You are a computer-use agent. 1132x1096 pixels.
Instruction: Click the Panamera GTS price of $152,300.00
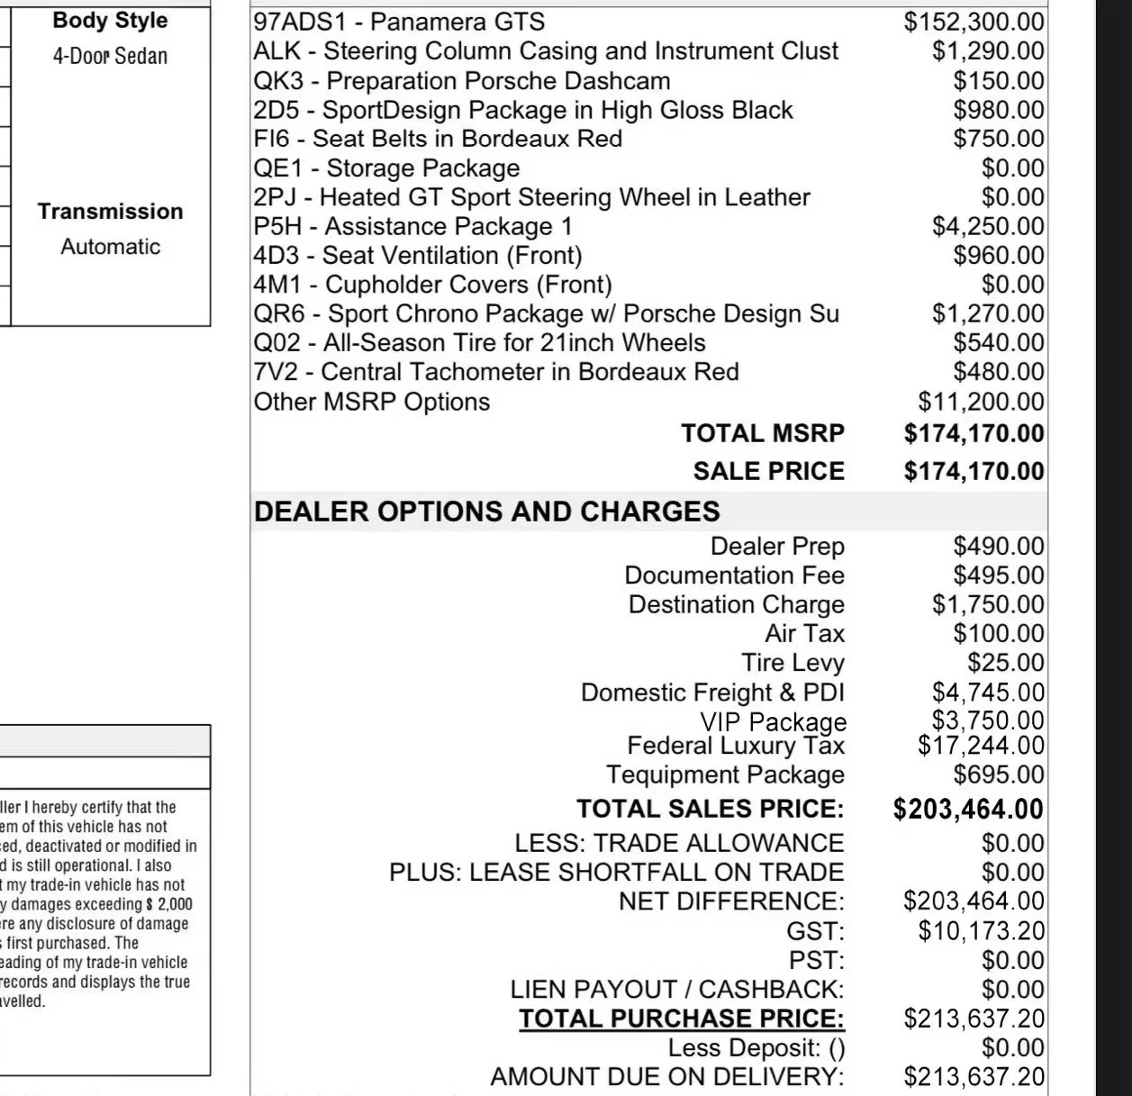tap(974, 22)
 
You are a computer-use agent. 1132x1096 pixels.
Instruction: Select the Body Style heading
tap(110, 21)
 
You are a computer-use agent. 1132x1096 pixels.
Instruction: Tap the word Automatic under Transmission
tap(110, 247)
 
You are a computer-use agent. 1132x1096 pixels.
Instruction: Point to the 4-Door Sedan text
tap(110, 56)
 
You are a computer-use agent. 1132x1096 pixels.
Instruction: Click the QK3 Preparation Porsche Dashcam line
tap(461, 81)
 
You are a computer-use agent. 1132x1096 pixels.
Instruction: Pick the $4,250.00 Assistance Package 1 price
tap(988, 226)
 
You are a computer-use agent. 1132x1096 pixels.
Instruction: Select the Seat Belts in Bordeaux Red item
tap(438, 139)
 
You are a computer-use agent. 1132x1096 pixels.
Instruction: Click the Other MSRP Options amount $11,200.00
tap(981, 402)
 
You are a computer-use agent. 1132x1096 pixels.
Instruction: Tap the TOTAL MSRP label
tap(763, 433)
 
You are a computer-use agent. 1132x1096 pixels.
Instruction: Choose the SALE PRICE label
tap(769, 471)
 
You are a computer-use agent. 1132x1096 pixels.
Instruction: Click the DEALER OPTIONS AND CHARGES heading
tap(486, 512)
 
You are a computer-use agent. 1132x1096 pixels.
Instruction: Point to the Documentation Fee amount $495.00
tap(999, 575)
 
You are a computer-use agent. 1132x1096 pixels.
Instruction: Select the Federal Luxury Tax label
tap(736, 746)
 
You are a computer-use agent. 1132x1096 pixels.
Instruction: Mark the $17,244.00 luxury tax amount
tap(981, 746)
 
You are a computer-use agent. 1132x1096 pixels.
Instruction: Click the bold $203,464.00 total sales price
tap(968, 809)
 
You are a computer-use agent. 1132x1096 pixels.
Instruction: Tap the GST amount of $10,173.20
tap(981, 930)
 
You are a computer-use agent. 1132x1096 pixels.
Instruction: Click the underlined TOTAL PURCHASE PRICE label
tap(682, 1019)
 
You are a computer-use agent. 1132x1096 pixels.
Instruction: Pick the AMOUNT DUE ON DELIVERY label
tap(667, 1077)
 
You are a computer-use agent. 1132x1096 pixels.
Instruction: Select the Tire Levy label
tap(792, 663)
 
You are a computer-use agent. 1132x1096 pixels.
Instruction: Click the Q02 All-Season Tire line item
tap(479, 343)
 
